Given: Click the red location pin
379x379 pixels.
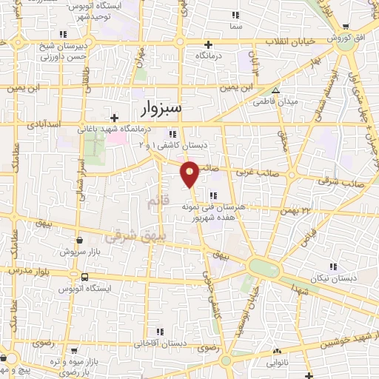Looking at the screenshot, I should click(190, 173).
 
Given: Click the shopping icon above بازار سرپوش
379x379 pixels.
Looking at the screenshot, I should click(80, 240).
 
